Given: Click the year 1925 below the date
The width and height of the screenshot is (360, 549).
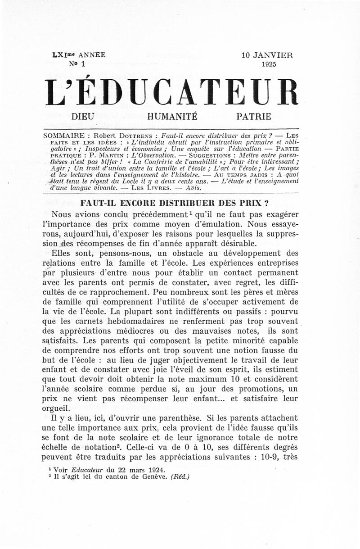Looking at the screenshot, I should (269, 64).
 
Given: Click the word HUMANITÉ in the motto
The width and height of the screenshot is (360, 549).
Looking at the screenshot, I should (166, 117).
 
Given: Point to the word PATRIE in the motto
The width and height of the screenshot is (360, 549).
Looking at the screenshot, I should (254, 117).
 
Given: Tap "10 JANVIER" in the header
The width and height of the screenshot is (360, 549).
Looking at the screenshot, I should (267, 55).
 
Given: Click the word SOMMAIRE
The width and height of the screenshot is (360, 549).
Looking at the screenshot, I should (63, 136).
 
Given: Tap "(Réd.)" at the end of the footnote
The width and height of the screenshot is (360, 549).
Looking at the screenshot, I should (180, 477).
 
